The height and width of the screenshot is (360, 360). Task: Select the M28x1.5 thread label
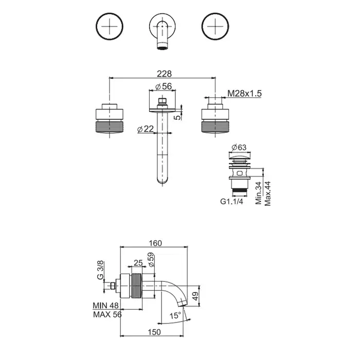[245, 93]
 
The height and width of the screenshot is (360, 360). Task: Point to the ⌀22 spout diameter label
[146, 129]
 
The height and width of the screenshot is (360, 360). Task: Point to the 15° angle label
[175, 315]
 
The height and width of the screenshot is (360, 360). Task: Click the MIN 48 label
[105, 305]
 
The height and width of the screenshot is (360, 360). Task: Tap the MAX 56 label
[107, 315]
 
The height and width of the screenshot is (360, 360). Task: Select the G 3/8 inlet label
[101, 269]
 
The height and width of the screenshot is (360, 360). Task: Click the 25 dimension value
[138, 263]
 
